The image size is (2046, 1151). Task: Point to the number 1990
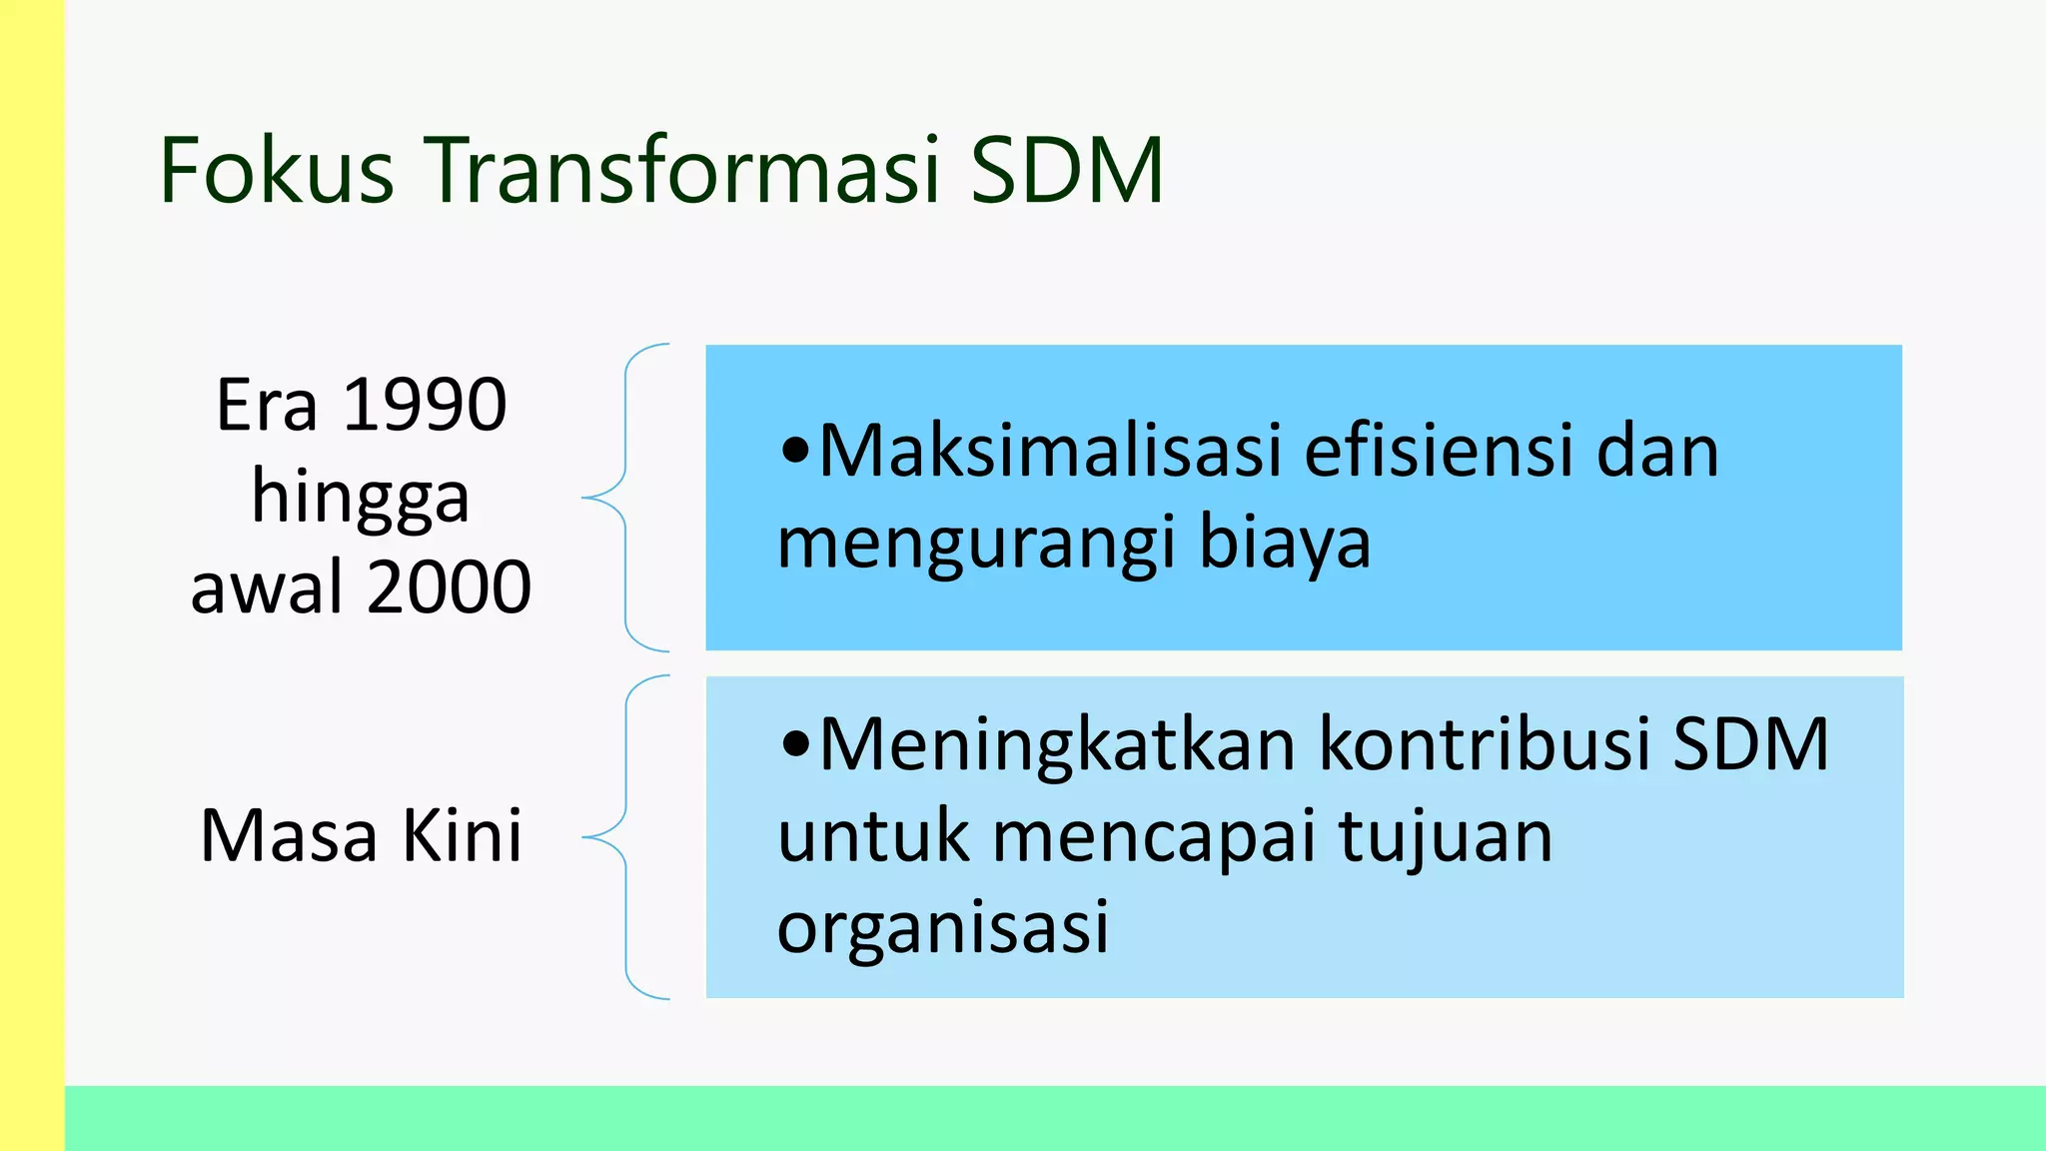tap(425, 406)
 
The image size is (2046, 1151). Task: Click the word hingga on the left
tap(360, 498)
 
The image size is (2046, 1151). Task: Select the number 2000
tap(449, 587)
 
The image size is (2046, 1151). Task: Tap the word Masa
tap(289, 835)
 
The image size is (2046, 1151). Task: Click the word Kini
tap(462, 835)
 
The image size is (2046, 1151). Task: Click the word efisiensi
tap(1439, 452)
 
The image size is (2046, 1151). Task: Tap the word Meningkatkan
tap(1056, 745)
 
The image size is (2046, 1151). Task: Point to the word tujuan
tap(1446, 837)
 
